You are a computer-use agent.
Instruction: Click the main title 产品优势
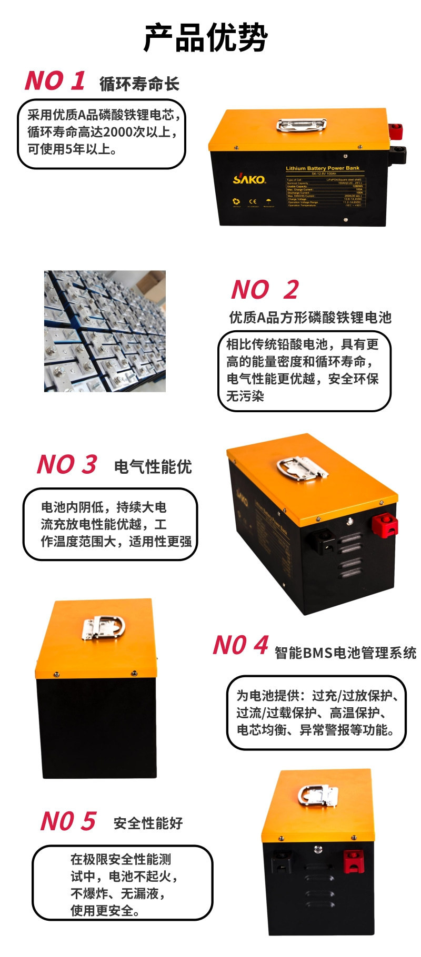(205, 38)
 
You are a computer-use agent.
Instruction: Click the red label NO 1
(55, 81)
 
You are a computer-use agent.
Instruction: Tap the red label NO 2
(265, 290)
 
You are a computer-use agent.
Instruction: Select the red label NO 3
(67, 465)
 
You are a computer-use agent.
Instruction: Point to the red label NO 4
(240, 645)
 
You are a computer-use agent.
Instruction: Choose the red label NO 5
(68, 821)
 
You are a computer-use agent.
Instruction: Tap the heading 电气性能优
(153, 467)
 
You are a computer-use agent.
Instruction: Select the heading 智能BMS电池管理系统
(345, 653)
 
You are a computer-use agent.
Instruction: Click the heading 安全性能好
(148, 823)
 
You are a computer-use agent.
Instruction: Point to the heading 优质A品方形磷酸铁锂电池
(310, 318)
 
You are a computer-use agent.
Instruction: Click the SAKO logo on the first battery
(249, 179)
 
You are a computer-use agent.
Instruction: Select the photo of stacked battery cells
(105, 331)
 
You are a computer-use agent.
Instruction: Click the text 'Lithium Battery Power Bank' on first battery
(323, 168)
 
